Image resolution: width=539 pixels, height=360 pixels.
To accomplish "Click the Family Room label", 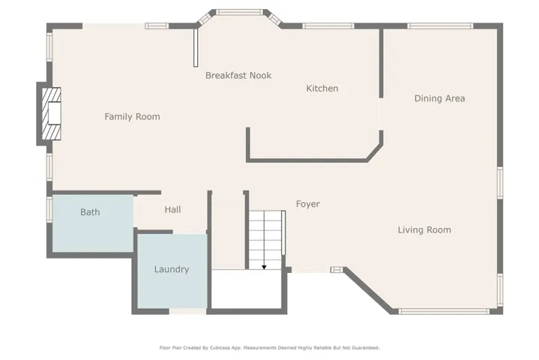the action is tap(133, 116).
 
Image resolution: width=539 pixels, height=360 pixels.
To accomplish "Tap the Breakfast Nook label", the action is tap(238, 75).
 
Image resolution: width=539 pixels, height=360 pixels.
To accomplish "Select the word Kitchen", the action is tap(322, 88).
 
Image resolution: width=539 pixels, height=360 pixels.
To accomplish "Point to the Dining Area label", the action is tap(439, 98).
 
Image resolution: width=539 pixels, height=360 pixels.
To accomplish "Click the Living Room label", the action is tap(424, 229).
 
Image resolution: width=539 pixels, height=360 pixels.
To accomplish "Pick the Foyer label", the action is tap(308, 204).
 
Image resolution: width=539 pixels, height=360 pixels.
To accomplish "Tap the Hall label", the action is tap(172, 209).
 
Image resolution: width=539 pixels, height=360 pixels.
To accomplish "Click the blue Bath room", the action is tap(93, 223).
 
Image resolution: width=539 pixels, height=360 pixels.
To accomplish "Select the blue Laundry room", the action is tap(172, 271).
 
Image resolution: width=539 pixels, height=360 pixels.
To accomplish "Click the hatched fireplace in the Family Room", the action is tap(52, 113).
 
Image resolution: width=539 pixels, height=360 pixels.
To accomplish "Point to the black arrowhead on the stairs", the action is tap(264, 267).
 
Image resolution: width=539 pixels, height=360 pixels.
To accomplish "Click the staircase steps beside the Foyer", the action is tap(265, 240).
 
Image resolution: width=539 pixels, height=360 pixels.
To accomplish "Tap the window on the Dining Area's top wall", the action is tap(440, 25).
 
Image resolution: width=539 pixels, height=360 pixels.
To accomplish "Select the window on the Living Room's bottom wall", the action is tap(444, 311).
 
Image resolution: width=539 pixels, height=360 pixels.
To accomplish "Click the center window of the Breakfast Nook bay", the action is tap(240, 13).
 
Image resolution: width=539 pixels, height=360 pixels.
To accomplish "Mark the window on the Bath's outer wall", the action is tap(49, 208).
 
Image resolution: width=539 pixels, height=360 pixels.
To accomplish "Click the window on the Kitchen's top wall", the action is tap(328, 25).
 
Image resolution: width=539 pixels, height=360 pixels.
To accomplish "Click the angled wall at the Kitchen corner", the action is tap(375, 152).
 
